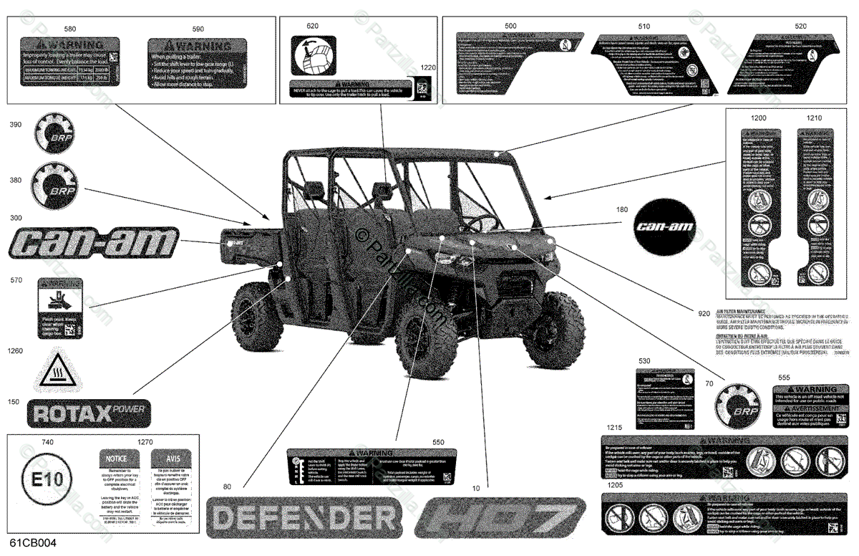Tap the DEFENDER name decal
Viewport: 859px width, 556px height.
tap(301, 517)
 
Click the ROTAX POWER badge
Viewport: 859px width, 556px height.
tap(88, 413)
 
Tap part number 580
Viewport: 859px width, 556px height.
tap(70, 29)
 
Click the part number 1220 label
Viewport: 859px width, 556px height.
tap(427, 67)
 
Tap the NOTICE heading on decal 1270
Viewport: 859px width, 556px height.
tap(117, 457)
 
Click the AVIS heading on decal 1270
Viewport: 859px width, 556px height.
tap(170, 457)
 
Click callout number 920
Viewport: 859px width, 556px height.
tap(704, 312)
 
